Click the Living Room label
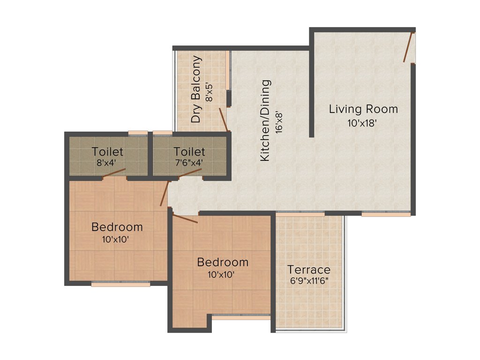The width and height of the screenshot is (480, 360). pyautogui.click(x=363, y=109)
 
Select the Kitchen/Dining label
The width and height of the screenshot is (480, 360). pyautogui.click(x=265, y=121)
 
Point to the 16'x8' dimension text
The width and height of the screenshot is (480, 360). pyautogui.click(x=280, y=121)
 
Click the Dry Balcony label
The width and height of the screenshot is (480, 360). pyautogui.click(x=196, y=90)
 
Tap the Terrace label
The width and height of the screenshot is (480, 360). pyautogui.click(x=309, y=270)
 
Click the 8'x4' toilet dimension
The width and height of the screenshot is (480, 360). pyautogui.click(x=107, y=164)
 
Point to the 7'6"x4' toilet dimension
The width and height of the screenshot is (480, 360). pyautogui.click(x=189, y=164)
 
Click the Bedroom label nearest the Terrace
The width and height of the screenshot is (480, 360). pyautogui.click(x=223, y=262)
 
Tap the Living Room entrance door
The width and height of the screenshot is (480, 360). pyautogui.click(x=408, y=47)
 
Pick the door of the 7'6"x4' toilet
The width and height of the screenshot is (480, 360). pyautogui.click(x=190, y=173)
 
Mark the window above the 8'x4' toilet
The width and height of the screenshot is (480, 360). pyautogui.click(x=138, y=133)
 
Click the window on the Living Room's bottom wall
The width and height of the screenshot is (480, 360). pyautogui.click(x=386, y=214)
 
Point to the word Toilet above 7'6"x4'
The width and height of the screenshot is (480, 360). pyautogui.click(x=189, y=152)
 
